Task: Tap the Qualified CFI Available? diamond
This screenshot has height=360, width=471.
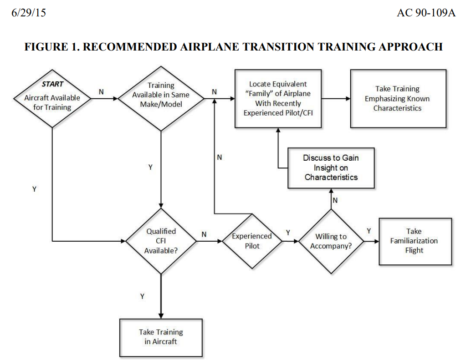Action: pyautogui.click(x=161, y=241)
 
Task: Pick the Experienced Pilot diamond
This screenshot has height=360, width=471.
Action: pyautogui.click(x=252, y=241)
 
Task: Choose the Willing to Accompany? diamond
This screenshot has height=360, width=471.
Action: pyautogui.click(x=331, y=241)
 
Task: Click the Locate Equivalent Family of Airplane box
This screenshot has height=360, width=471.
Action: pyautogui.click(x=278, y=98)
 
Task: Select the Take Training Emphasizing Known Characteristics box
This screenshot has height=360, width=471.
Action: pyautogui.click(x=398, y=98)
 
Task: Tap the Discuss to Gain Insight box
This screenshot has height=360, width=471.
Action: pyautogui.click(x=331, y=167)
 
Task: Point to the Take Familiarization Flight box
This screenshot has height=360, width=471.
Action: pyautogui.click(x=415, y=241)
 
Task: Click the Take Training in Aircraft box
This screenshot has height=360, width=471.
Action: pyautogui.click(x=161, y=337)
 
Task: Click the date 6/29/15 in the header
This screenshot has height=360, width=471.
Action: pyautogui.click(x=29, y=13)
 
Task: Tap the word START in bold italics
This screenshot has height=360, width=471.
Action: pyautogui.click(x=52, y=84)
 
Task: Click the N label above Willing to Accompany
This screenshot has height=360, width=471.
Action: pyautogui.click(x=335, y=200)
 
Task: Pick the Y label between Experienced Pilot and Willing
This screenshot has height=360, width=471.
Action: pyautogui.click(x=288, y=233)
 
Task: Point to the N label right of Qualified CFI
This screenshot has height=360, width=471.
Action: pyautogui.click(x=204, y=234)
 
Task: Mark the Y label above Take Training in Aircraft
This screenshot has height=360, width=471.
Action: pyautogui.click(x=142, y=296)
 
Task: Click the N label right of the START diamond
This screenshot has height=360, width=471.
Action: pyautogui.click(x=101, y=91)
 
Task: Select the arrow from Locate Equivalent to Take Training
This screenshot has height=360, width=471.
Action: pyautogui.click(x=336, y=98)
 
